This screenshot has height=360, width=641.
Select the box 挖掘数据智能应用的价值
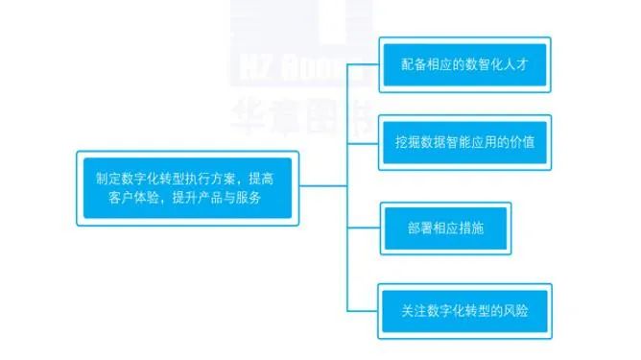[x=464, y=142]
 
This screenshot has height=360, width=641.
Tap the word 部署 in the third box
[x=418, y=228]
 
